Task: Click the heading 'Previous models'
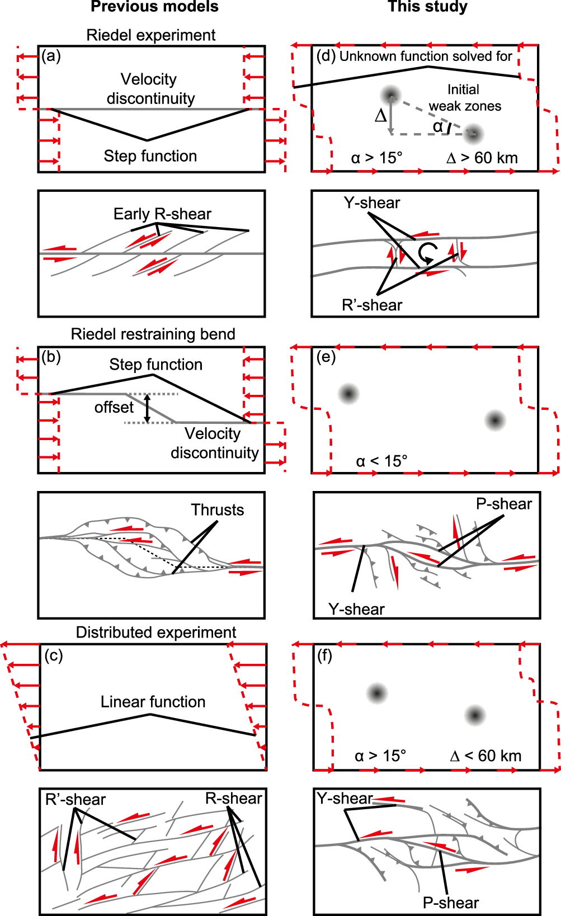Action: coord(154,7)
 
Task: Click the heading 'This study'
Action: coord(427,7)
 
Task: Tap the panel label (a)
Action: coord(51,56)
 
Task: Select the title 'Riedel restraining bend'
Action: coord(153,334)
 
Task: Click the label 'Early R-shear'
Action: coord(162,214)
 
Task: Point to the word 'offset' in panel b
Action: coord(114,407)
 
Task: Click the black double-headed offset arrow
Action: coord(147,408)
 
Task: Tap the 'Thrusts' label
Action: coord(217,509)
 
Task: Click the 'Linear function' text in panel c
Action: coord(153,701)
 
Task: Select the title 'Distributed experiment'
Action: coord(155,632)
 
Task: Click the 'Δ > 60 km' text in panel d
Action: coord(482,158)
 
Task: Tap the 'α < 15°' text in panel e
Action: coord(381,461)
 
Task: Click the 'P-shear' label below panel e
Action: coord(503,504)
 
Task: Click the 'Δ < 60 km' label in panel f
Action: coord(485,756)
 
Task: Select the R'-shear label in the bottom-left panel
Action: coord(75,799)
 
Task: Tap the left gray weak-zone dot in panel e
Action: coord(348,394)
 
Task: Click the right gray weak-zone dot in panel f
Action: coord(475,715)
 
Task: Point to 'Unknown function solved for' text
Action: coord(426,56)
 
